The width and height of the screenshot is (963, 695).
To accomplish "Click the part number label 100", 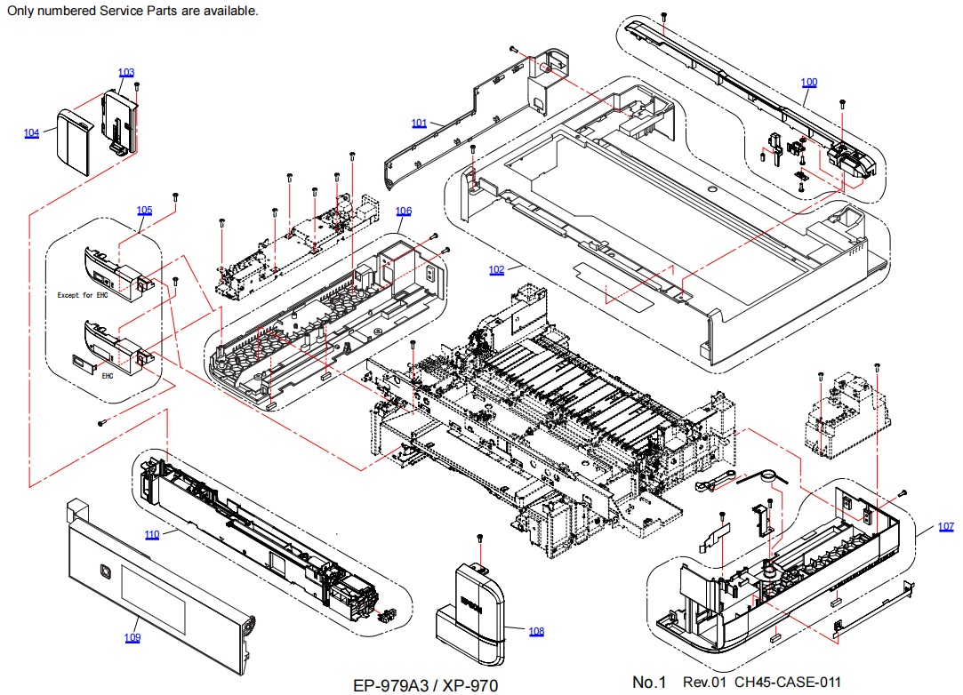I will (x=808, y=83).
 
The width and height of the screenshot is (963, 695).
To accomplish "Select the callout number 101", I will (x=420, y=123).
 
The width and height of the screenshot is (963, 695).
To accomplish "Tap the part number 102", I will (x=496, y=270).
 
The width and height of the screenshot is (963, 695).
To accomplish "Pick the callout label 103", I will (x=126, y=72).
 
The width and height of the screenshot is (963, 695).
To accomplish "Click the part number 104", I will (x=32, y=133).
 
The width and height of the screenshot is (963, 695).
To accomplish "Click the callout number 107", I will (x=945, y=527).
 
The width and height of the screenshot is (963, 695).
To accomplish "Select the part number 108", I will (x=536, y=632).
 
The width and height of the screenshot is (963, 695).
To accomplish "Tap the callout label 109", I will (x=132, y=637).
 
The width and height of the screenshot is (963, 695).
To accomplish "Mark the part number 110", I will (x=152, y=535).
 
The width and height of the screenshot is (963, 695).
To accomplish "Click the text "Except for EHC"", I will (x=82, y=295).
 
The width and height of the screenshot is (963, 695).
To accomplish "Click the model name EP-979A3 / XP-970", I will (x=425, y=685).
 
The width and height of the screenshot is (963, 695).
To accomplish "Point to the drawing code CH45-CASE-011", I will (x=787, y=683).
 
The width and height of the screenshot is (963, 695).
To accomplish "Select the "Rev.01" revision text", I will (x=704, y=683).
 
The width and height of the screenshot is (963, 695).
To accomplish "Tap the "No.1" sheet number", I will (x=649, y=683).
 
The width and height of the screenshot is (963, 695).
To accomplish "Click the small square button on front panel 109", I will (x=106, y=571).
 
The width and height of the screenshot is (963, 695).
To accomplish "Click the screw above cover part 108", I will (x=480, y=539).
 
